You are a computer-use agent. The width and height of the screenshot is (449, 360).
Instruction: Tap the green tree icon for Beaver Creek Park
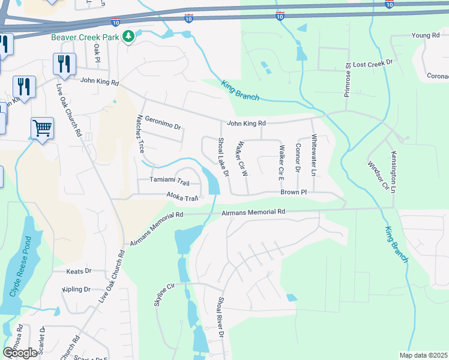[x=127, y=37]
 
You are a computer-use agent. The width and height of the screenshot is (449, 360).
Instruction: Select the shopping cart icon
[x=43, y=128]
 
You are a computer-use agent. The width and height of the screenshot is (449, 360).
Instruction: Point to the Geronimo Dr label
[x=163, y=123]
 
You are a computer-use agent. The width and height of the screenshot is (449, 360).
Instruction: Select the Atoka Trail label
[x=182, y=197]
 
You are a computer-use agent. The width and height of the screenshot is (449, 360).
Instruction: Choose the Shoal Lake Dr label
[x=223, y=157]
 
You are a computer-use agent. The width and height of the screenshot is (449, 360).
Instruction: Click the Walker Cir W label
[x=242, y=158]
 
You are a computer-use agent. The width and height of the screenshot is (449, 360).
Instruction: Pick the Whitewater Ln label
[x=313, y=155]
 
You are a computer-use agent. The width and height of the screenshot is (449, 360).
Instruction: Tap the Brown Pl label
[x=294, y=193]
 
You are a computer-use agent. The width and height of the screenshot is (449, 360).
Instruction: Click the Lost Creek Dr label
[x=372, y=63]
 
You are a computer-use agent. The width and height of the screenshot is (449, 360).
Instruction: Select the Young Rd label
[x=426, y=36]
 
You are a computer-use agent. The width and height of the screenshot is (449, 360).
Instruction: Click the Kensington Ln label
[x=394, y=172]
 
